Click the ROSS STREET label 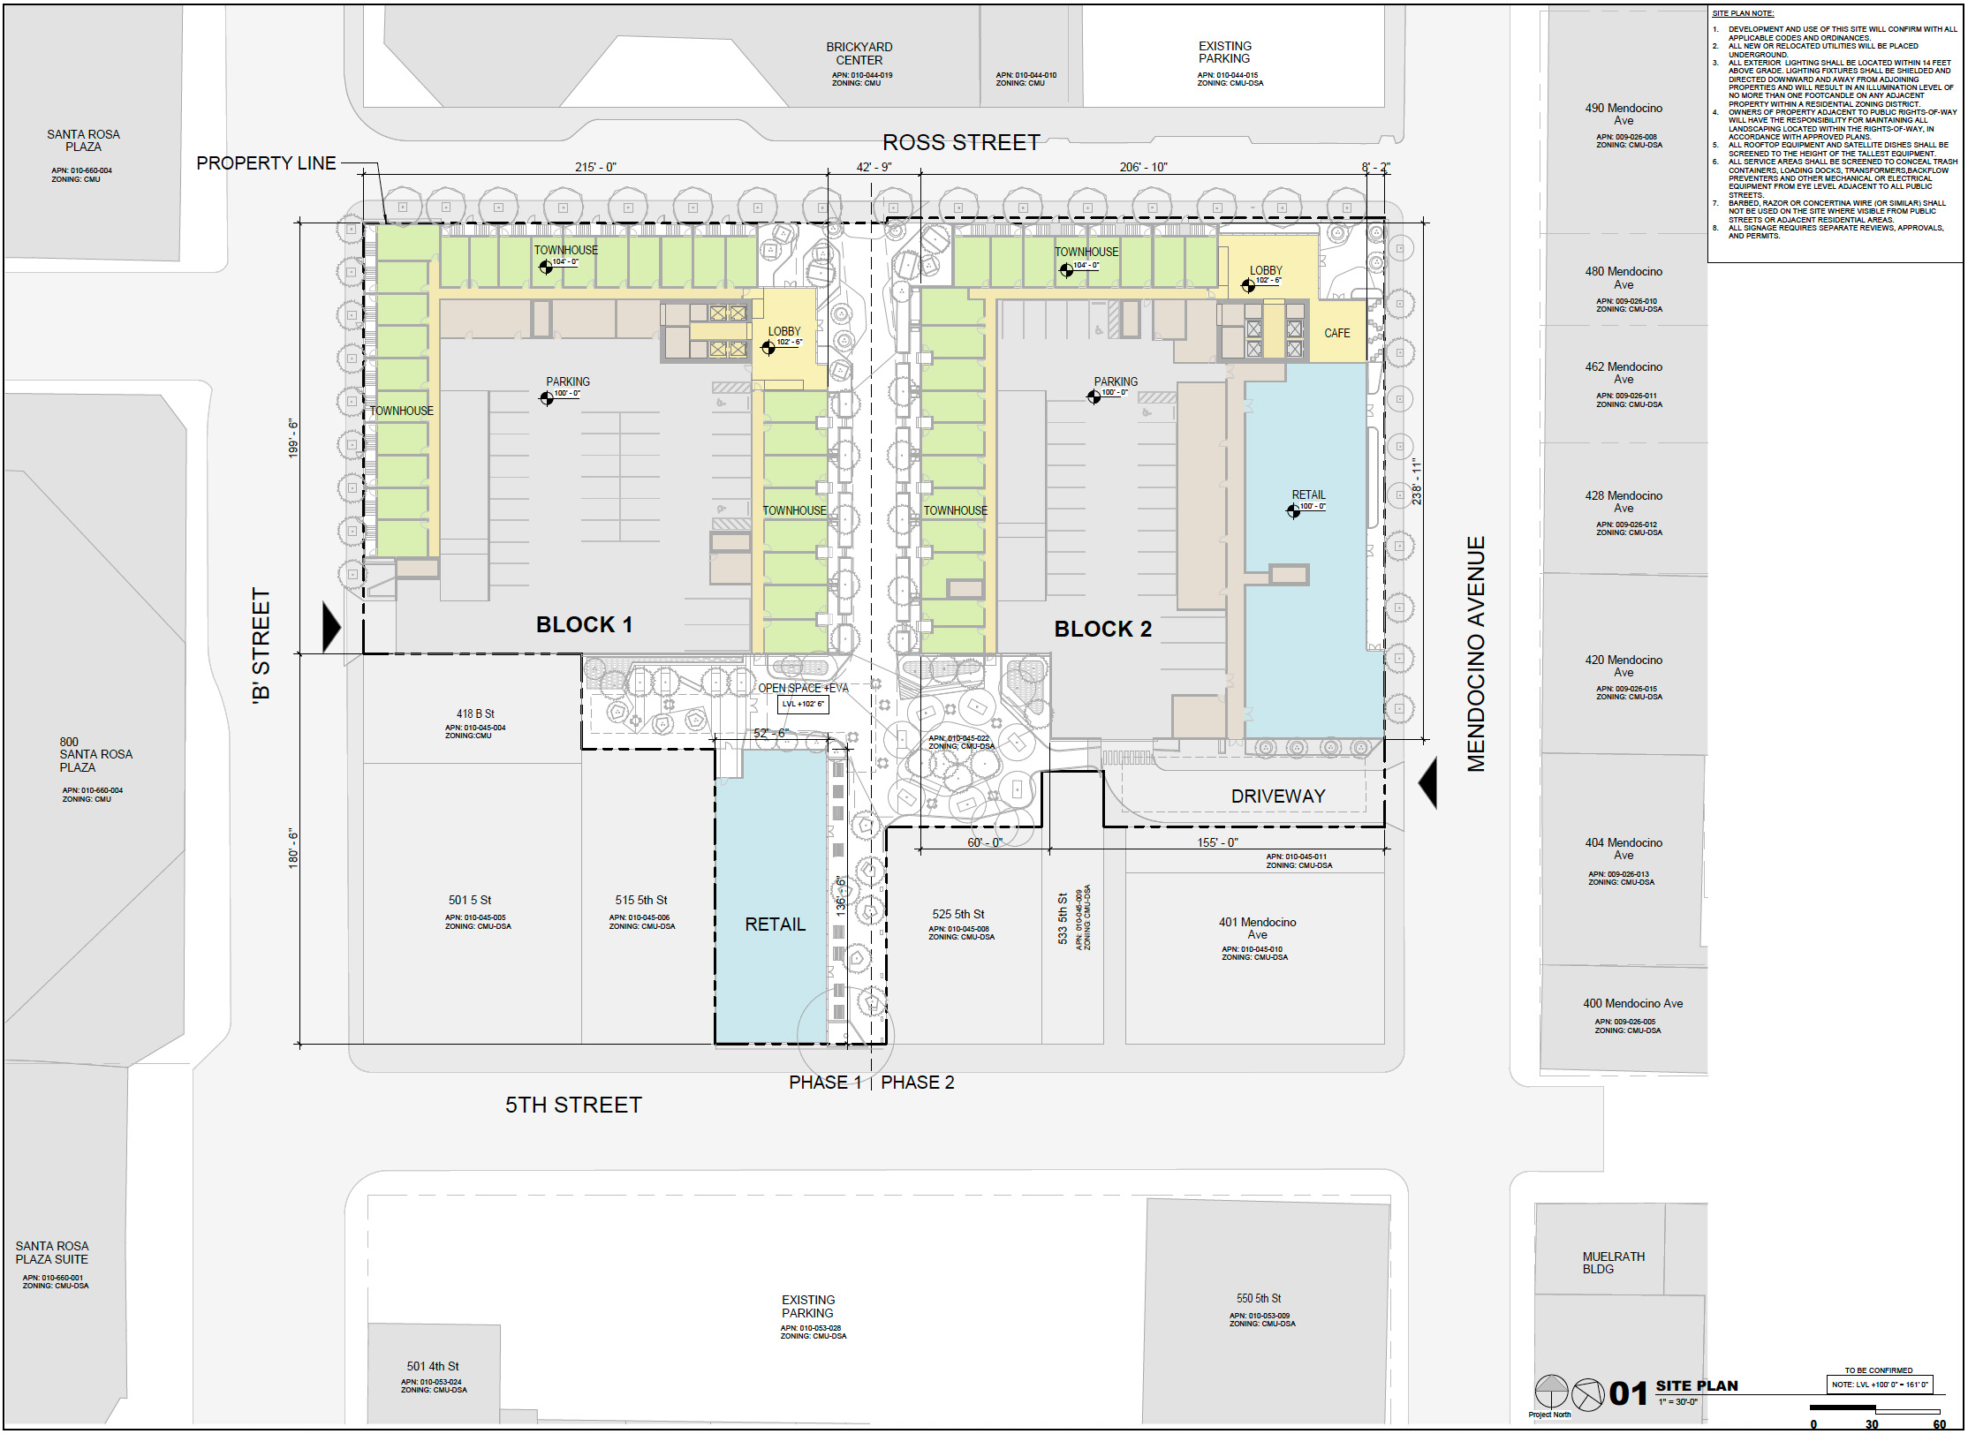tap(961, 143)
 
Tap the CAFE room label tap(1336, 333)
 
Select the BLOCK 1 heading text tap(584, 624)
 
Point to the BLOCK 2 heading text tap(1102, 629)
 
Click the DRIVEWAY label tap(1277, 796)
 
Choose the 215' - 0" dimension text tap(595, 167)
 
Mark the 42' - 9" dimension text tap(874, 167)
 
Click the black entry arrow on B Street tap(331, 627)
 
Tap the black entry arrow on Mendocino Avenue tap(1428, 783)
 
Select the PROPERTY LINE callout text tap(266, 163)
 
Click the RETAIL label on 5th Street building tap(775, 925)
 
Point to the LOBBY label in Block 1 tap(783, 331)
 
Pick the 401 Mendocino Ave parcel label tap(1257, 928)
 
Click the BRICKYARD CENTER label tap(859, 53)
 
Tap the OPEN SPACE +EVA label tap(803, 688)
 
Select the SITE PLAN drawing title tap(1696, 1385)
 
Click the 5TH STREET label tap(573, 1105)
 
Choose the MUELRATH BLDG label tap(1613, 1263)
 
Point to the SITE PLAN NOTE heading tap(1743, 13)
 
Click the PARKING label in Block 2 tap(1116, 381)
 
